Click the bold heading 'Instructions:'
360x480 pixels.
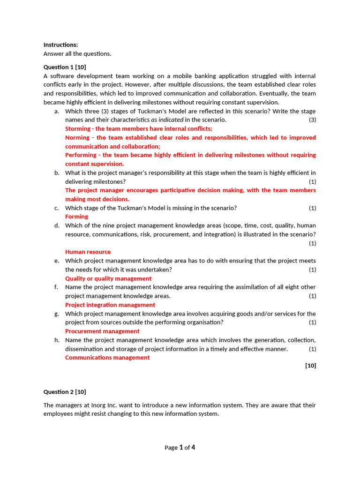[x=60, y=45]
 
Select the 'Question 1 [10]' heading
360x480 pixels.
[x=65, y=67]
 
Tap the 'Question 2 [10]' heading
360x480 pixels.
[x=65, y=392]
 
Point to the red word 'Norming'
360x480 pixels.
[x=76, y=137]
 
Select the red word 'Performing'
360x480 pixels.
[x=81, y=155]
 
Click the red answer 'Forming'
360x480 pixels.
[x=76, y=217]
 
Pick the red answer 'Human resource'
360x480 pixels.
[x=88, y=252]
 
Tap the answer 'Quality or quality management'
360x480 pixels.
[x=108, y=278]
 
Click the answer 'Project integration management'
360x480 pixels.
[x=110, y=305]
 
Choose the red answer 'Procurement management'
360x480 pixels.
[x=102, y=331]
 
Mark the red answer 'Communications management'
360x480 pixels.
[x=107, y=358]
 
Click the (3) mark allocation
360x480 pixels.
[x=312, y=120]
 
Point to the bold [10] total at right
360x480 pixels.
[x=310, y=366]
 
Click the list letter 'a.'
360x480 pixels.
[x=57, y=111]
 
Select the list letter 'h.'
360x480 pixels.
[x=57, y=340]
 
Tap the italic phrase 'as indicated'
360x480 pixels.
[x=167, y=120]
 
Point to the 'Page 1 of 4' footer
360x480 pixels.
[x=180, y=448]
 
